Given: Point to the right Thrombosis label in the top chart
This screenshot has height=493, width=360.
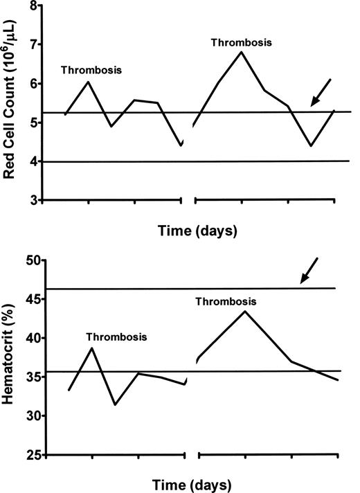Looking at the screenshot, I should [x=242, y=42].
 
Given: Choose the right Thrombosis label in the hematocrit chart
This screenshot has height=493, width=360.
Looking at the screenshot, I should [x=226, y=301].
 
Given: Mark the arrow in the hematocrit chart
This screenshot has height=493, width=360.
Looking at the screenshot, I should [x=309, y=271].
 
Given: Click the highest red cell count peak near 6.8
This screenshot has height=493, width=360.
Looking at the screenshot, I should [x=241, y=52].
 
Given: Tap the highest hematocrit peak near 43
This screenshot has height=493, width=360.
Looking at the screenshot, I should [x=244, y=311].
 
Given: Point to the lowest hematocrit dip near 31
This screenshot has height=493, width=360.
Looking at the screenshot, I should [x=115, y=404].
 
